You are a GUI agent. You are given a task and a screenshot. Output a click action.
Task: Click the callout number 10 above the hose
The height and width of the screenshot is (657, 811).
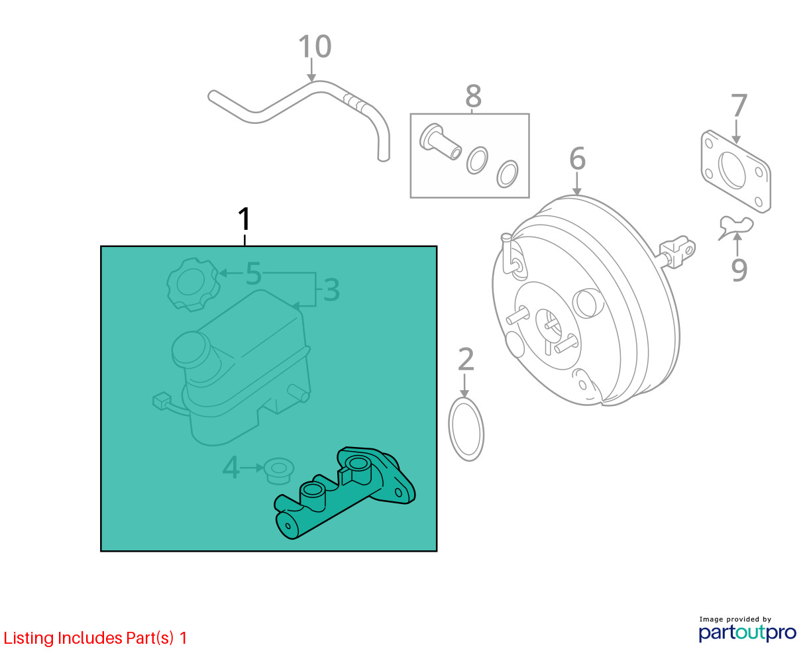point(315,46)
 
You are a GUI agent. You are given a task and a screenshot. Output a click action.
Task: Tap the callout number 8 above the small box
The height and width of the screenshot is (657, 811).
point(473,96)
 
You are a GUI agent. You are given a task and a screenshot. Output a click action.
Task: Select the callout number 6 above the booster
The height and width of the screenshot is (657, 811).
point(577,158)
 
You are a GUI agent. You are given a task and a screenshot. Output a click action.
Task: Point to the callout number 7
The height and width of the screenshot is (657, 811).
point(739,105)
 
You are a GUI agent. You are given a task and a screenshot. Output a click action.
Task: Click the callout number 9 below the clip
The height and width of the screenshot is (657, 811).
point(739,270)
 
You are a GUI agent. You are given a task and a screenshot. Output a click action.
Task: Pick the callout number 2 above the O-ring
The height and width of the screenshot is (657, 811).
point(466,359)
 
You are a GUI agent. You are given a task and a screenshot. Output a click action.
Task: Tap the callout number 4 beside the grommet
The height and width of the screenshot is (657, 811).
point(231,467)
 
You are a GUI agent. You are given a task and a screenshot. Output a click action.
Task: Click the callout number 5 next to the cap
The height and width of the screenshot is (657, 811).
point(254,273)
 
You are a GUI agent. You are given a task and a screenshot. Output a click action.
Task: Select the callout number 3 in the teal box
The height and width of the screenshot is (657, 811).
point(331,290)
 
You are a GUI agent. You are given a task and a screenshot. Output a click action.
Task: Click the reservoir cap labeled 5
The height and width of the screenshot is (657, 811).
point(193,284)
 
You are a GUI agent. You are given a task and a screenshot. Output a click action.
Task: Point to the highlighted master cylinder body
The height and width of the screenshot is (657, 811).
point(345,493)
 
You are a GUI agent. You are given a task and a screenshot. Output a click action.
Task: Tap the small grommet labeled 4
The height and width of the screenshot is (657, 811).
point(279,472)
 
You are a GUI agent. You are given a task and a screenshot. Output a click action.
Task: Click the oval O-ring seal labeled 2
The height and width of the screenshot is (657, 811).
point(466,429)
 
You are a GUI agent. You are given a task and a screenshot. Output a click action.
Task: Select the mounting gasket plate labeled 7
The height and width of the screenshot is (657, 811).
point(735,172)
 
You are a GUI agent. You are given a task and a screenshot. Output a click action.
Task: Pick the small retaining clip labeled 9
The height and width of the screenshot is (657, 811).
point(735,227)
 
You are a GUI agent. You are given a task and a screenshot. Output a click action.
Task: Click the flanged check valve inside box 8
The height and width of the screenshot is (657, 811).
point(440,142)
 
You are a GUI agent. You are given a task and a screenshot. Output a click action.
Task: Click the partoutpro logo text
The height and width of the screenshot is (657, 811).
point(747,632)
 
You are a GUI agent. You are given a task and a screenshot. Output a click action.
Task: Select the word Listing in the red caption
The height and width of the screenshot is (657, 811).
point(28,638)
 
